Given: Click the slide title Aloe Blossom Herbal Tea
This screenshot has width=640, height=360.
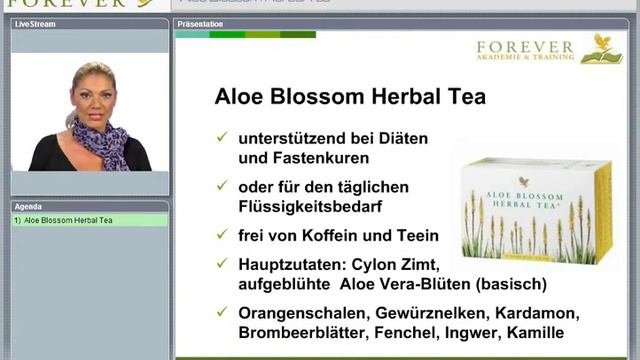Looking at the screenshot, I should click(350, 97).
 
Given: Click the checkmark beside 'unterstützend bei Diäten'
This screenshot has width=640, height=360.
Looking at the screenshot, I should click(221, 137).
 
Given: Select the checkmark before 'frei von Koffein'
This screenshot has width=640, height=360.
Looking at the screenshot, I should click(221, 234).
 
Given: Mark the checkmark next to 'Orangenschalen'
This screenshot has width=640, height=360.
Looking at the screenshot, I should click(221, 312).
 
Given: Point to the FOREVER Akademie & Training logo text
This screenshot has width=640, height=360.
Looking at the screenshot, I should click(526, 51).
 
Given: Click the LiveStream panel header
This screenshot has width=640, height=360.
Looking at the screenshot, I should click(35, 22).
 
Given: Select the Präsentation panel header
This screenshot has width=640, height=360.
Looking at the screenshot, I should click(199, 22).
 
